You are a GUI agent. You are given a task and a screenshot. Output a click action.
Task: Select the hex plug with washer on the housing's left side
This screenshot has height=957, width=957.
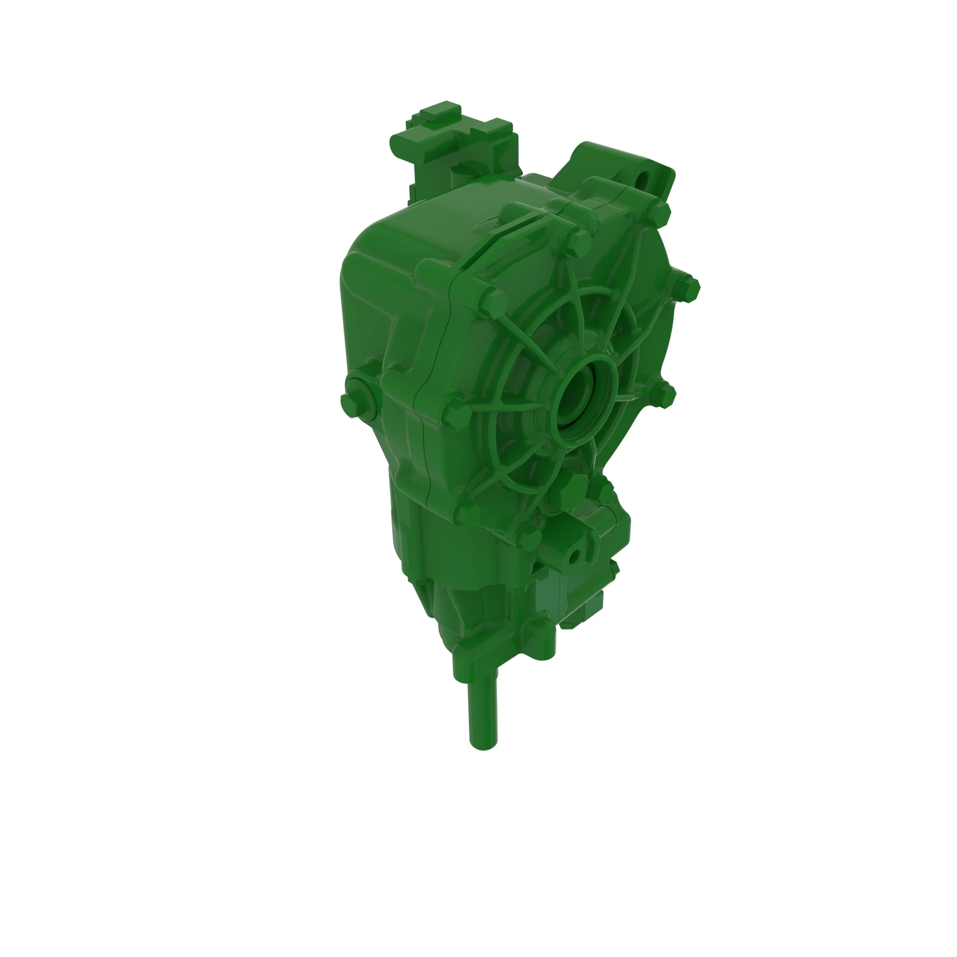click(x=356, y=398)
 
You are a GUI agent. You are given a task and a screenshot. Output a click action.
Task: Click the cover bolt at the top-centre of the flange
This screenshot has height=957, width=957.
click(x=578, y=243)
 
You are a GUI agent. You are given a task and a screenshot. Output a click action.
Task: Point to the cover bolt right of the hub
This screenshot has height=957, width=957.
click(x=663, y=395)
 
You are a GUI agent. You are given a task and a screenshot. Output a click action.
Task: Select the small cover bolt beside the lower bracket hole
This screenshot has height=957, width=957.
click(x=529, y=536)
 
